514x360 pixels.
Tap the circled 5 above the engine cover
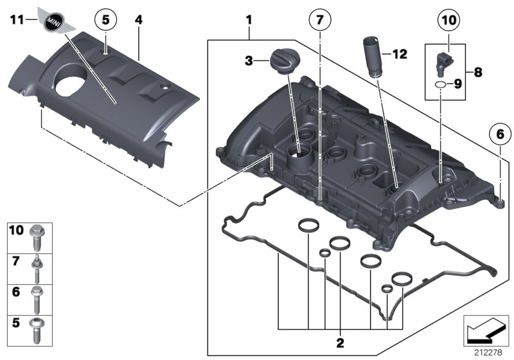106,20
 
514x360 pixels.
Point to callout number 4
138,20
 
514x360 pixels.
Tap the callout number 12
399,55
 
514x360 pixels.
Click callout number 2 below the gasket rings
340,341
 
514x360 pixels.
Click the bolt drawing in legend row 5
36,330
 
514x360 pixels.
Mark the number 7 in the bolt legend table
15,262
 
